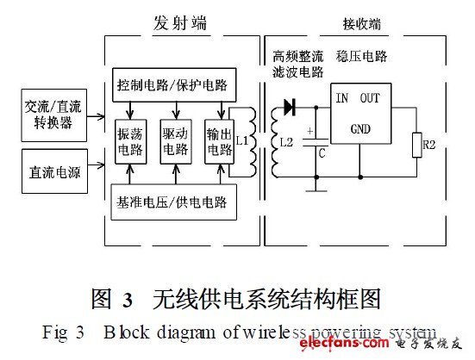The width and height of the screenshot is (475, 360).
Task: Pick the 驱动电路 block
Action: click(176, 141)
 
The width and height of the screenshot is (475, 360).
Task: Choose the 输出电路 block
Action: click(216, 141)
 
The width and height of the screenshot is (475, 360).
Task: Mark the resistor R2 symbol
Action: click(417, 146)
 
